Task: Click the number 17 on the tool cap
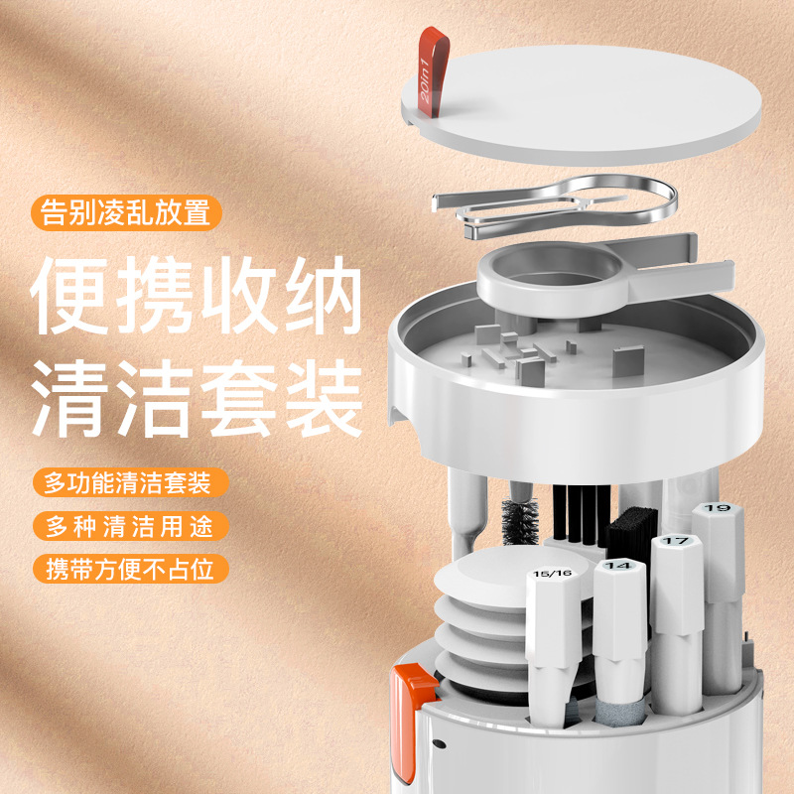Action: pyautogui.click(x=676, y=542)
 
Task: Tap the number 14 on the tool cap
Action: pyautogui.click(x=618, y=567)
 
